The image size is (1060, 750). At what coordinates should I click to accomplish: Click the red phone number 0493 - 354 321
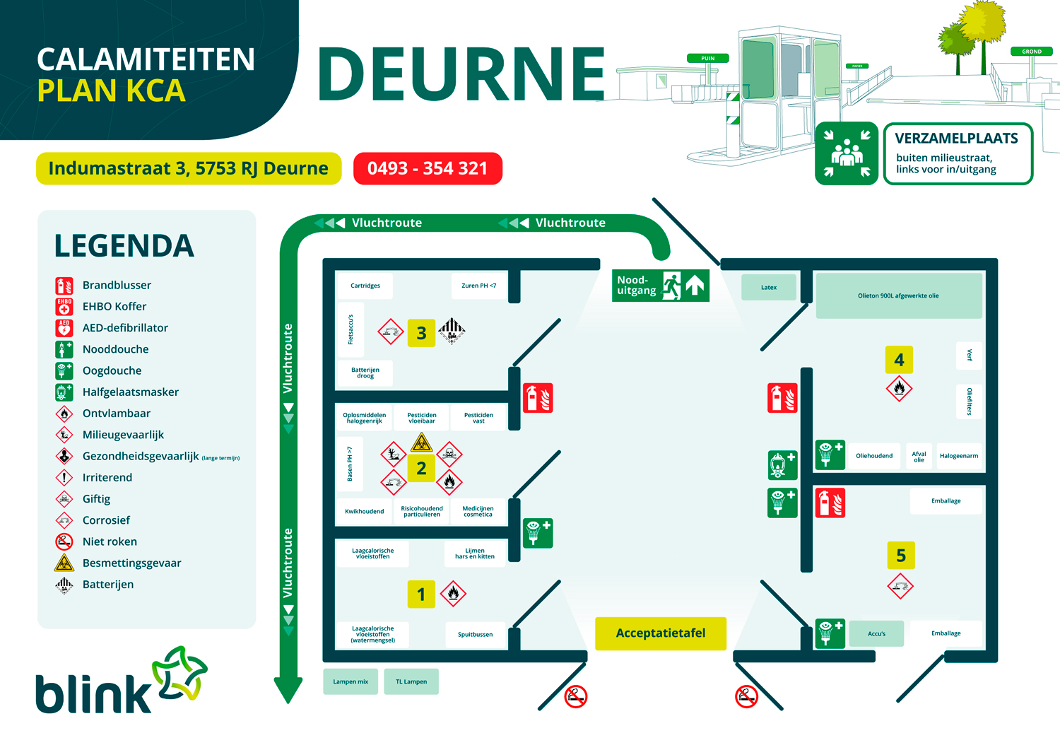click(428, 168)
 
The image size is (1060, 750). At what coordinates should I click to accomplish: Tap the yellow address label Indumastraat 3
click(188, 168)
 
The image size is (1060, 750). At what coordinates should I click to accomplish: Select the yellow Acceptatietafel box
click(660, 633)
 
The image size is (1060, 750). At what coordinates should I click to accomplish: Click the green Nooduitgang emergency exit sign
click(660, 286)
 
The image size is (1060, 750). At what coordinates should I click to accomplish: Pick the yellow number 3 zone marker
click(421, 333)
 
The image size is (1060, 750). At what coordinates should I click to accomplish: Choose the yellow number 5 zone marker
click(900, 556)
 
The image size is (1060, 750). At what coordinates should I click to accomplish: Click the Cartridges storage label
click(365, 286)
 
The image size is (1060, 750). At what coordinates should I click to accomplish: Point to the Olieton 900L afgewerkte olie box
click(898, 295)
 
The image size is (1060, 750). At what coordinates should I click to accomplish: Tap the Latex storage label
click(769, 288)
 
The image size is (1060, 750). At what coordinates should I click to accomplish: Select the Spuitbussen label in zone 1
click(475, 634)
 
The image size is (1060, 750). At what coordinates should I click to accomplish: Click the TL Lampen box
click(411, 681)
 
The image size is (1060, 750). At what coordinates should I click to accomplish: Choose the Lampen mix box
click(351, 681)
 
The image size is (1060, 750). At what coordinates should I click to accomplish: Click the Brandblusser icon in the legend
click(64, 286)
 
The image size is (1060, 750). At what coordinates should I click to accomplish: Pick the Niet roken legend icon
click(64, 541)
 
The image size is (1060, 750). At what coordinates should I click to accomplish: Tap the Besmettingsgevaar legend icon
click(64, 563)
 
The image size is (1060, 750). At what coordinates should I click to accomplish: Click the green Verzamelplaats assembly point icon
click(846, 153)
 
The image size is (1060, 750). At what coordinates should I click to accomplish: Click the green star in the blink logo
click(180, 672)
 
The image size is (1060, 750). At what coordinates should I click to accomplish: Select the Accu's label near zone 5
click(876, 633)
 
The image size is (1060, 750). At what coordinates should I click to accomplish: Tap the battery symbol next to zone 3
click(452, 329)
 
